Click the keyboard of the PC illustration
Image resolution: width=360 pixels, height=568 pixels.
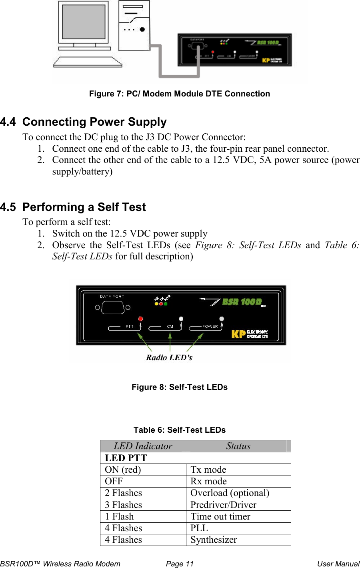click(x=88, y=62)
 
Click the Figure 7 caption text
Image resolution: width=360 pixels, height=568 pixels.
click(x=179, y=94)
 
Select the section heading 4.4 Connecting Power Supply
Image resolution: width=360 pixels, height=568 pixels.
click(x=84, y=122)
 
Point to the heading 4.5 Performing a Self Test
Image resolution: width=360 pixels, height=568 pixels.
click(x=73, y=207)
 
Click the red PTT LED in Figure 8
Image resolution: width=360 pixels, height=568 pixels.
click(x=140, y=319)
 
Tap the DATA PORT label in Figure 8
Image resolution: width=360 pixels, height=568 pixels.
click(x=112, y=297)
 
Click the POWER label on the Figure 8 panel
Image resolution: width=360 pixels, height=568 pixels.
click(x=210, y=327)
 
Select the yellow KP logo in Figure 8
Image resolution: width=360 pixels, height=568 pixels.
click(x=238, y=334)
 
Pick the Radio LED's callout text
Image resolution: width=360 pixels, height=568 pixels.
click(x=169, y=357)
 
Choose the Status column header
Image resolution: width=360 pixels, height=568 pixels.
click(x=238, y=446)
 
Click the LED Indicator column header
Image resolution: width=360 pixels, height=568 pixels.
click(x=143, y=446)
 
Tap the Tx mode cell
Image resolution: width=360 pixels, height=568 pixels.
click(x=208, y=470)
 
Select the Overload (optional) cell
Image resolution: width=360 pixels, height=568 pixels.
click(x=230, y=493)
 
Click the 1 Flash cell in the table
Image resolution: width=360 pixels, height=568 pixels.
click(x=119, y=516)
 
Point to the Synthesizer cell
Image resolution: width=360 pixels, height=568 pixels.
click(x=214, y=540)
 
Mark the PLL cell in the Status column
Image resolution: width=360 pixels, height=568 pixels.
click(x=199, y=528)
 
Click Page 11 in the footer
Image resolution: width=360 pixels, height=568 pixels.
click(x=180, y=564)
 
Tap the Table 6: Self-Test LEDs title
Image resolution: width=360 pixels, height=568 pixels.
click(x=179, y=430)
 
